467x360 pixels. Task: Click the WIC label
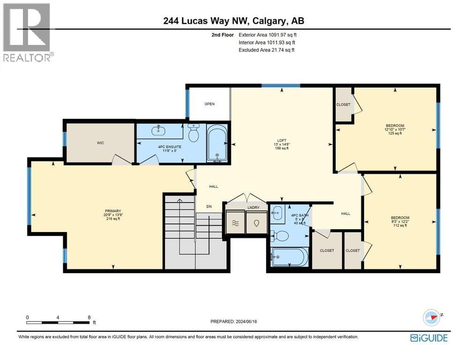pos(100,143)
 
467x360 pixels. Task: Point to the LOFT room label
pos(282,140)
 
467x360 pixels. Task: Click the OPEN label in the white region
pos(209,104)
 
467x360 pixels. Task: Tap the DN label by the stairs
pos(209,207)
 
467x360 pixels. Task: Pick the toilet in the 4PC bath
pos(280,237)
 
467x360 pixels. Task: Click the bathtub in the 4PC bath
pos(289,257)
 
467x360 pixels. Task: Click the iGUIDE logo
pos(429,338)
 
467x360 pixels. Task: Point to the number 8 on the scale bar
pos(89,317)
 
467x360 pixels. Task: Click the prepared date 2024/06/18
pos(246,322)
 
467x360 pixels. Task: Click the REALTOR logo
pos(27,32)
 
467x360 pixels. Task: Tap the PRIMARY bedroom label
pos(113,211)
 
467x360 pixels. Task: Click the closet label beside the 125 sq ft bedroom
pos(343,105)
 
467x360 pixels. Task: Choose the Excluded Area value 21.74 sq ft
pos(282,50)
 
